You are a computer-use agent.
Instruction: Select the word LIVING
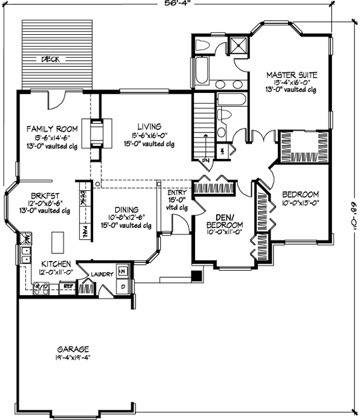[148, 127]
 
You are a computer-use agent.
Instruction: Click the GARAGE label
[73, 349]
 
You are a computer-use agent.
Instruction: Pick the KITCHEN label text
[56, 263]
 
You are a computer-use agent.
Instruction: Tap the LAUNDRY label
[103, 274]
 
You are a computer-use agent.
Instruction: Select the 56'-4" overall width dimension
[179, 3]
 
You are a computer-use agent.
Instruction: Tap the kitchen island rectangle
[58, 242]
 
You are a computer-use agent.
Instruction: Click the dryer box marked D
[124, 286]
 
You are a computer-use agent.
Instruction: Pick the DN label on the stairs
[205, 161]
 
